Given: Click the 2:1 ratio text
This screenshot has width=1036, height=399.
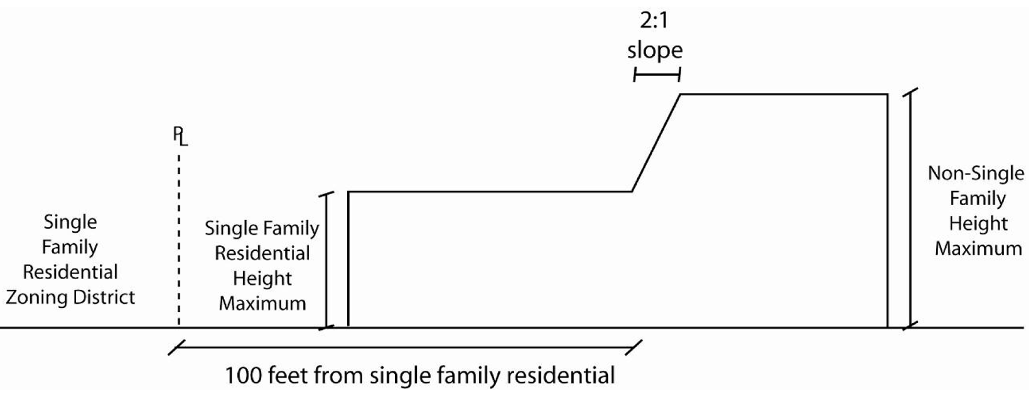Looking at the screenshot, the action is click(x=654, y=21).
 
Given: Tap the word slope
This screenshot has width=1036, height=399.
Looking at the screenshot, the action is click(x=654, y=50).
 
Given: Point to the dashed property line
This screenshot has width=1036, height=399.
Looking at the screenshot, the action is click(x=179, y=238).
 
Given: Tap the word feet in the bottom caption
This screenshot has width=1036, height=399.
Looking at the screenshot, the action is click(x=288, y=376).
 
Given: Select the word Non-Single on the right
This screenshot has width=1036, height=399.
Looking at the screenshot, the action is click(x=976, y=173).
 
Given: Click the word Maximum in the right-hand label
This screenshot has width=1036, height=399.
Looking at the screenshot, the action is click(x=978, y=248).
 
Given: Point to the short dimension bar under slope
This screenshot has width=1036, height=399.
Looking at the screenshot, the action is click(x=657, y=76).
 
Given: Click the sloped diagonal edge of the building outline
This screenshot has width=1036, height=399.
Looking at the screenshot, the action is click(x=656, y=142).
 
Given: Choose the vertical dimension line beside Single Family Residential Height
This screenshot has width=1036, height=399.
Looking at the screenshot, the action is click(x=326, y=260).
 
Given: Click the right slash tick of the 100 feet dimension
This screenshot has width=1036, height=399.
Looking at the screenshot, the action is click(x=634, y=347).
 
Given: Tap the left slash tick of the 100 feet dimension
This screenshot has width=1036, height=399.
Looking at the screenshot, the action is click(x=176, y=347).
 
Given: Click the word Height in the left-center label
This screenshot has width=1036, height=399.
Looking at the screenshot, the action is click(x=262, y=279).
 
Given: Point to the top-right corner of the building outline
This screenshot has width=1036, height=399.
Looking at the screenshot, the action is click(x=887, y=95).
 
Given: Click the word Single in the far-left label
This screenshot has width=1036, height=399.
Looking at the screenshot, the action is click(x=70, y=222).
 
